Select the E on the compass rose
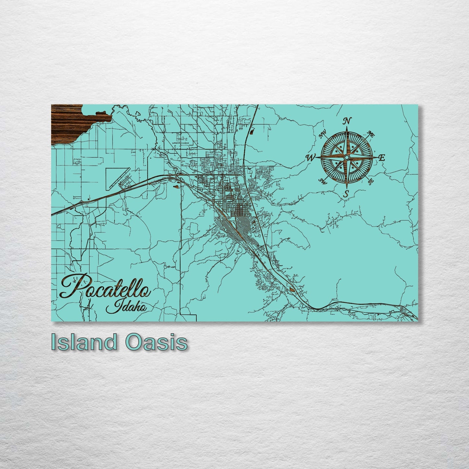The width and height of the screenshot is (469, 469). pos(382,158)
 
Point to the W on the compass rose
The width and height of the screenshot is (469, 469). pos(310,158)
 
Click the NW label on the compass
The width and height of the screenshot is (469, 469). pos(323,135)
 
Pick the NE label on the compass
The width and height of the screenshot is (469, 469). pos(370,133)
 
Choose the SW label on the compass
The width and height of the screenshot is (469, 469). pos(323,181)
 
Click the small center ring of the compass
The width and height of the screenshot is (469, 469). pos(347,157)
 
